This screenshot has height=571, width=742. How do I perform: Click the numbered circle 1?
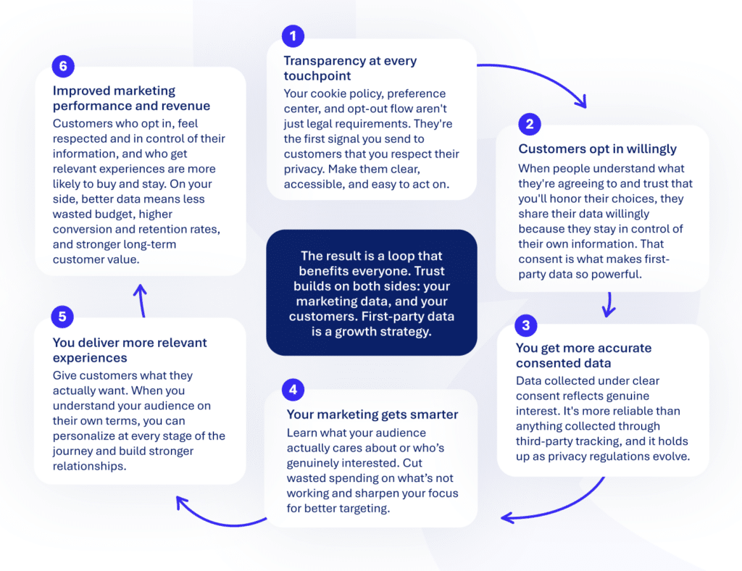(x=293, y=36)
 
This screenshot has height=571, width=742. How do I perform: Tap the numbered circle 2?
(x=530, y=124)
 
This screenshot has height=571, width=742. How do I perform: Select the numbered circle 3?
(x=526, y=325)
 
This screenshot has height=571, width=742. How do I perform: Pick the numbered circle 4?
(x=293, y=389)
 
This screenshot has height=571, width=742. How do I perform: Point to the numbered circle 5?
(x=62, y=317)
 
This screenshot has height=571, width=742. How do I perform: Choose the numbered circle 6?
(x=63, y=66)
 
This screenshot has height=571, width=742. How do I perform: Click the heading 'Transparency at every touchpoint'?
(x=350, y=68)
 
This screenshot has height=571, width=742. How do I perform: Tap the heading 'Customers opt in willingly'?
(x=597, y=149)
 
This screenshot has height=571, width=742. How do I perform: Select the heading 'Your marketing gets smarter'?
(x=372, y=414)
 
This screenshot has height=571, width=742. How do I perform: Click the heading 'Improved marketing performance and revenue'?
(x=131, y=98)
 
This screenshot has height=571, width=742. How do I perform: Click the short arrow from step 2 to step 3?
(x=609, y=304)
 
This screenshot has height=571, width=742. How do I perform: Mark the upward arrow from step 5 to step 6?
(x=141, y=301)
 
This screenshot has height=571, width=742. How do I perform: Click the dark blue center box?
(x=372, y=292)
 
